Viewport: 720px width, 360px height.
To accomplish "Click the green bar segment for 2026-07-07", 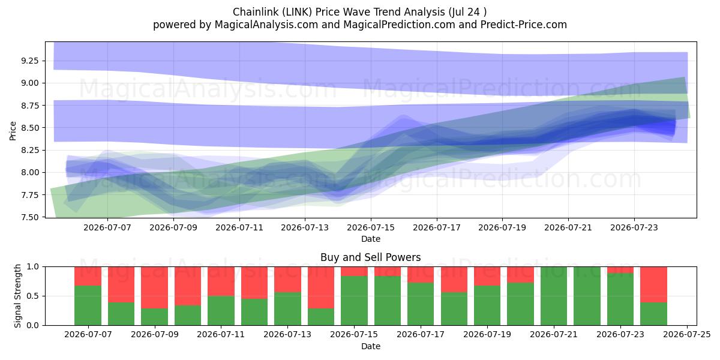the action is (x=88, y=305).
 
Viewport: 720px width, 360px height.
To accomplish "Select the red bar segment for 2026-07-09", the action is (x=154, y=287).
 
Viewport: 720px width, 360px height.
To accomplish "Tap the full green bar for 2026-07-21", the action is (x=554, y=296).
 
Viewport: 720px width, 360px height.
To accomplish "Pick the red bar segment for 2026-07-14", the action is (x=321, y=287).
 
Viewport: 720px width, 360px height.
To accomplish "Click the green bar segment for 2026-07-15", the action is (x=354, y=301).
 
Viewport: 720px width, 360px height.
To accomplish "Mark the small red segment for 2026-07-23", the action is (x=620, y=270).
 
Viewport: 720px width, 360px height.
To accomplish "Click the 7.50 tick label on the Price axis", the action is (x=29, y=217).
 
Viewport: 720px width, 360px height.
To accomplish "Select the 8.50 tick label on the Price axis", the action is (x=29, y=128).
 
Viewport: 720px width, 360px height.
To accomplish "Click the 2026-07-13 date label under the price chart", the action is (x=305, y=227).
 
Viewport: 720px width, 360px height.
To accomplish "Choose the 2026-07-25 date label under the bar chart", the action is (x=687, y=335).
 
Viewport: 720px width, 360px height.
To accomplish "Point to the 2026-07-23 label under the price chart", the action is (x=634, y=227).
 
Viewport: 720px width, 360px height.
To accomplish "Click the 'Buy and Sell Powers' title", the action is (x=371, y=257).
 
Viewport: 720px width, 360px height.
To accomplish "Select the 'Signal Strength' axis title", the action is (x=17, y=296).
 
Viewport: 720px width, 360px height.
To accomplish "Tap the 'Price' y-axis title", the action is (x=13, y=131).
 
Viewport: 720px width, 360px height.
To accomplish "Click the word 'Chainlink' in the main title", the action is (x=256, y=12).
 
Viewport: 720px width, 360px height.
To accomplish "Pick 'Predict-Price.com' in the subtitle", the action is (x=524, y=25).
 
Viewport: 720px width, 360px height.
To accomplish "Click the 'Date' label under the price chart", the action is (x=371, y=239).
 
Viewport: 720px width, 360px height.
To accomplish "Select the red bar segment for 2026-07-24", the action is (x=654, y=284).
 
